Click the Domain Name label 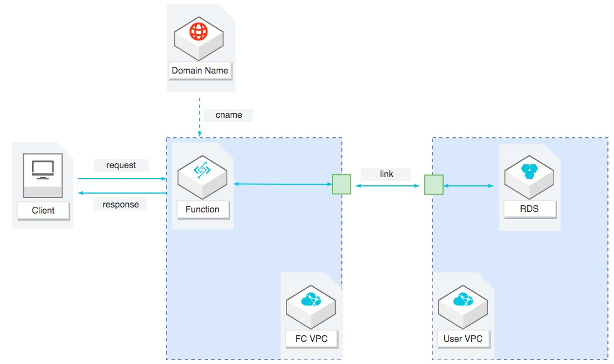tap(200, 71)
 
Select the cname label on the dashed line tap(228, 115)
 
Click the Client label tap(43, 210)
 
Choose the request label tap(121, 165)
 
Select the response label tap(121, 204)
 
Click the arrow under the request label tap(122, 179)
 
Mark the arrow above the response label tap(122, 193)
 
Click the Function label tap(202, 210)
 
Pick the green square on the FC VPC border tap(341, 185)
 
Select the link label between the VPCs tap(386, 174)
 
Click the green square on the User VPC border tap(434, 185)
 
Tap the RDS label tap(529, 210)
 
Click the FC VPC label tap(311, 339)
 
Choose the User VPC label tap(463, 339)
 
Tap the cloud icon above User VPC tap(462, 300)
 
